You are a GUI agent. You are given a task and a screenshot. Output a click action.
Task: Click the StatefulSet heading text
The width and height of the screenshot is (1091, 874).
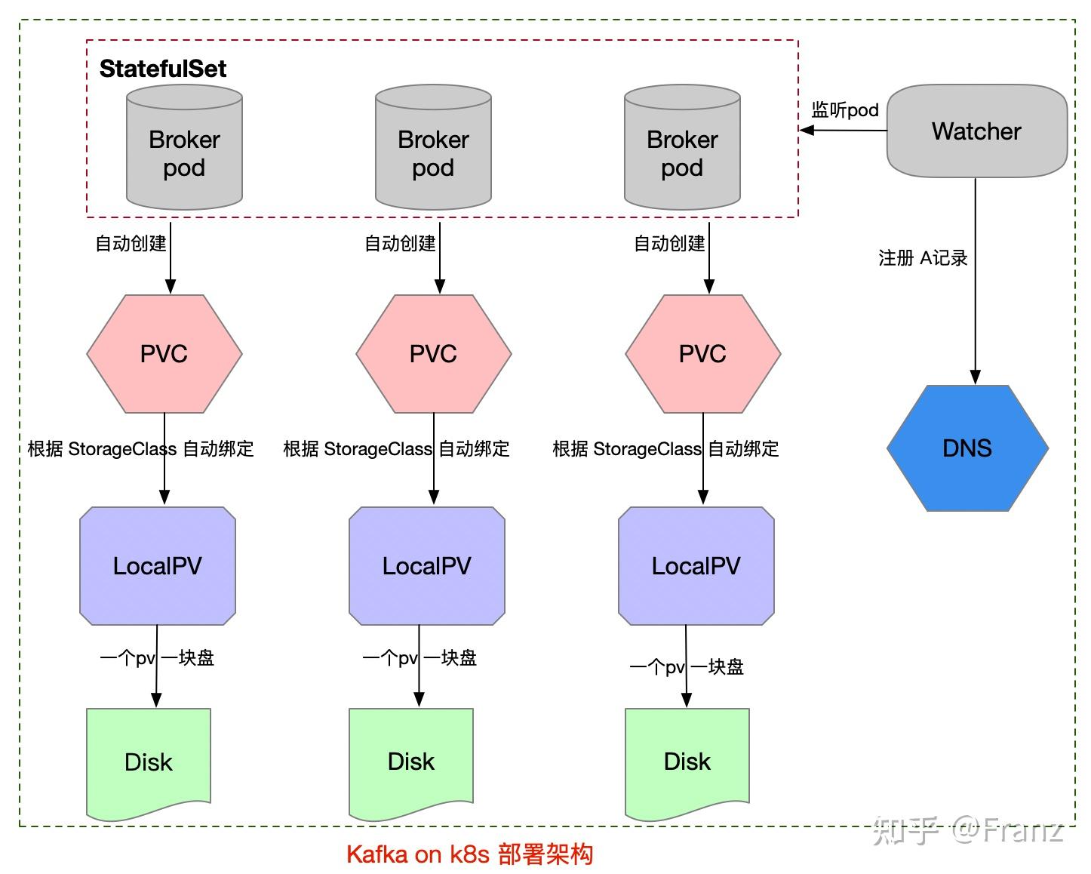(x=163, y=69)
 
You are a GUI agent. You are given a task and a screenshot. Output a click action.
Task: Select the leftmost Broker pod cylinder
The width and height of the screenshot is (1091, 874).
(x=184, y=152)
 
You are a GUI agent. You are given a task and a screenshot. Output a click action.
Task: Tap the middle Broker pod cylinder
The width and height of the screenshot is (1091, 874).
(x=433, y=152)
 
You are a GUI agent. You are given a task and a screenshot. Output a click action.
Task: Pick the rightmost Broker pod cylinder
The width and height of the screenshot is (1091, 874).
(x=682, y=152)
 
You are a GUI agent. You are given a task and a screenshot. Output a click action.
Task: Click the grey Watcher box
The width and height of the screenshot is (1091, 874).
(x=976, y=131)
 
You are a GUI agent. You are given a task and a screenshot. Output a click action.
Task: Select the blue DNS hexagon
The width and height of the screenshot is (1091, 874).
(x=967, y=448)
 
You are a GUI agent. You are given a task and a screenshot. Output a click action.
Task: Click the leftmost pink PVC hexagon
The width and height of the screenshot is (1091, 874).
(x=164, y=354)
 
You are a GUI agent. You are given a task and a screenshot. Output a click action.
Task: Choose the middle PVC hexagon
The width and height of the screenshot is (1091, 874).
(x=433, y=354)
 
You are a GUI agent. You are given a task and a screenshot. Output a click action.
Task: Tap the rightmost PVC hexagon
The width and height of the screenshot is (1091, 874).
(x=702, y=354)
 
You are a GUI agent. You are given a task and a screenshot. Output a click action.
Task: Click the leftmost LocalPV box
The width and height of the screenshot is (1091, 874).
(x=158, y=566)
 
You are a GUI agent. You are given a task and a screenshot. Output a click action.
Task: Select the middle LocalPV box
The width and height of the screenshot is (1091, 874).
(x=427, y=566)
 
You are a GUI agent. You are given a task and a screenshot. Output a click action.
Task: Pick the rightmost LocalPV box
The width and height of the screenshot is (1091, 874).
(x=696, y=566)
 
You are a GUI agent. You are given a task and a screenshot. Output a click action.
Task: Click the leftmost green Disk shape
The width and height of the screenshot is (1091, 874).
(x=149, y=762)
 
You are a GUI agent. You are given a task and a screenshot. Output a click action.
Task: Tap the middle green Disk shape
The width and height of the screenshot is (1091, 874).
(x=411, y=762)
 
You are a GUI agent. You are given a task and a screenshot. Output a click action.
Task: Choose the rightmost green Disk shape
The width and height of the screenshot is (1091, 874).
(x=687, y=762)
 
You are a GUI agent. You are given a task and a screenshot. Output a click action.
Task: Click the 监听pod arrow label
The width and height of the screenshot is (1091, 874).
(x=845, y=110)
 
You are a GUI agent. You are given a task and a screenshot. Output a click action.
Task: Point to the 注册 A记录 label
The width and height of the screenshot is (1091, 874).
(x=923, y=258)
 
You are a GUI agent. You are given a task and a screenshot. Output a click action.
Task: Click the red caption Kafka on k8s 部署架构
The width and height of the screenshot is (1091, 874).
(x=469, y=854)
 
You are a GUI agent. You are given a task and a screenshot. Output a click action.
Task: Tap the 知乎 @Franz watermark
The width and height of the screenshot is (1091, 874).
(x=968, y=830)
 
